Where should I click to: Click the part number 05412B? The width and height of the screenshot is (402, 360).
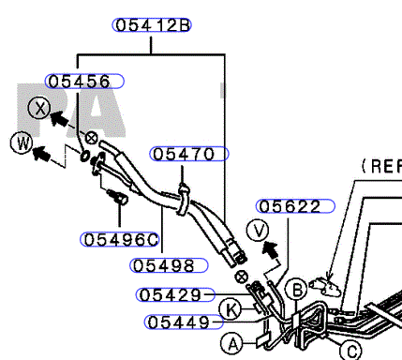[x=152, y=25]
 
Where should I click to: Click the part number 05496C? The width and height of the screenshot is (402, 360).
[x=120, y=240]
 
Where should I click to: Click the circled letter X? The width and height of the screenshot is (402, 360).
[x=39, y=108]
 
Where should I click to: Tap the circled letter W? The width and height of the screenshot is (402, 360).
[x=22, y=143]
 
